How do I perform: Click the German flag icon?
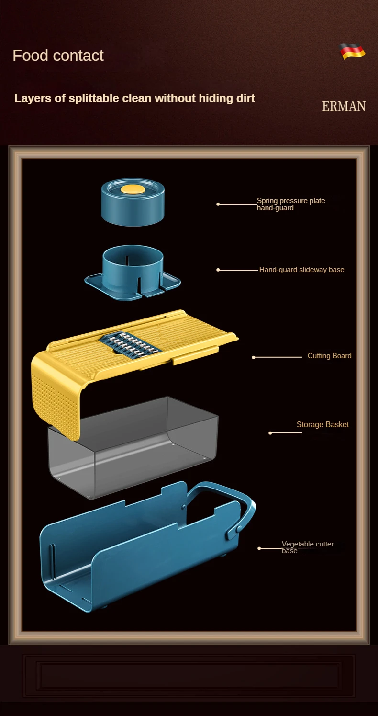[352, 51]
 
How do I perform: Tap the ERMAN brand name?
[344, 106]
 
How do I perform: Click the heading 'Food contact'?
[58, 56]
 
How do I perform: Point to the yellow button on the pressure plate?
[133, 189]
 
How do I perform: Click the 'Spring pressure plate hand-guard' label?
[291, 204]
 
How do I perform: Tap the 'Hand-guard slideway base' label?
[302, 270]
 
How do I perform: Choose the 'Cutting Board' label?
[330, 356]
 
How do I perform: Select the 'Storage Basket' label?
[323, 424]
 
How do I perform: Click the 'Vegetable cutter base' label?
[308, 547]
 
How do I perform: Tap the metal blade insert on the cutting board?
[130, 344]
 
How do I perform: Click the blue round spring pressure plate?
[133, 202]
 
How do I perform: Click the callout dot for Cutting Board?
[254, 357]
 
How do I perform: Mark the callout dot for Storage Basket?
[270, 433]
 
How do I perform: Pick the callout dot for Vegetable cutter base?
[259, 548]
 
